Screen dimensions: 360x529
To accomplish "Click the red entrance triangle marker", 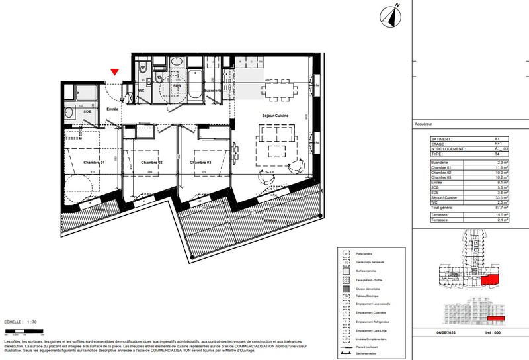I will coord(115,71).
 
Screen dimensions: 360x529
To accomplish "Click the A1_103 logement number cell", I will coord(501,150).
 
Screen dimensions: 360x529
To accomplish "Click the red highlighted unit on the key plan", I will coord(489,281).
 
